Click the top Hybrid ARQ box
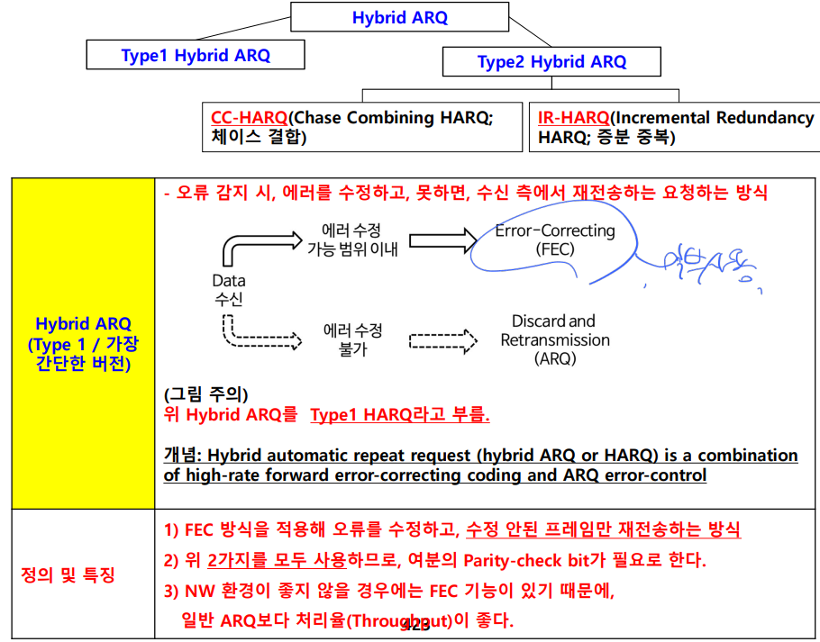(399, 17)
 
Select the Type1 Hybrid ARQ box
(196, 55)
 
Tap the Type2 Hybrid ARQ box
(551, 62)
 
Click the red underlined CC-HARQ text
(250, 118)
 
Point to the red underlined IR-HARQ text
(573, 118)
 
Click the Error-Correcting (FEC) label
(554, 240)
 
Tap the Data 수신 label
(229, 291)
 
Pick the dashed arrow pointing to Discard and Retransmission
(442, 340)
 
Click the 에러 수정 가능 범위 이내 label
(352, 239)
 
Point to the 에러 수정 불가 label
(352, 339)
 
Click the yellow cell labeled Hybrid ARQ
(83, 343)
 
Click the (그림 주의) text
(206, 394)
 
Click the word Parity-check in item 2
(514, 560)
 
